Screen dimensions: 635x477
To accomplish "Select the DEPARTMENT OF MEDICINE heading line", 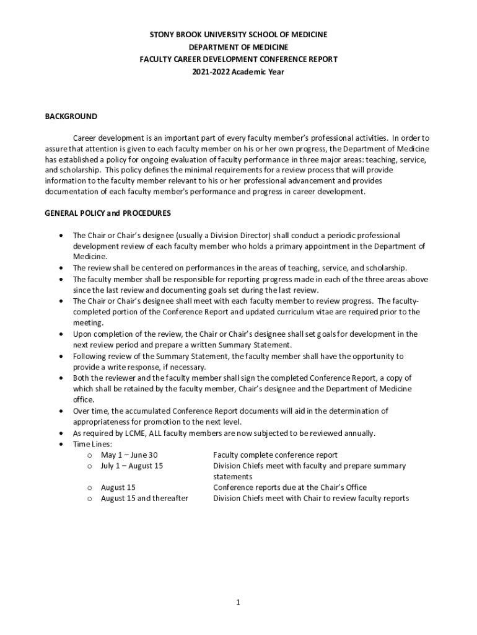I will click(239, 47).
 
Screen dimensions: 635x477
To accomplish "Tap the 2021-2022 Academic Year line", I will click(239, 72).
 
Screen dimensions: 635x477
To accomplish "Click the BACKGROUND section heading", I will click(71, 117).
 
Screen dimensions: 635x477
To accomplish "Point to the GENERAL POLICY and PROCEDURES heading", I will click(108, 213).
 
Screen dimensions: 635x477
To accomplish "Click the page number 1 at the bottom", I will click(238, 602).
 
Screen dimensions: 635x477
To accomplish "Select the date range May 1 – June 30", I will click(129, 455).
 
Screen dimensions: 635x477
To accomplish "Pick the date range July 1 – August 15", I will click(132, 466).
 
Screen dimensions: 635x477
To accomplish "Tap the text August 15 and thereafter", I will click(144, 499).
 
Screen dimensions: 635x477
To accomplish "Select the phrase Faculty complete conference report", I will click(275, 455).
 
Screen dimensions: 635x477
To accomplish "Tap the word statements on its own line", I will click(232, 477).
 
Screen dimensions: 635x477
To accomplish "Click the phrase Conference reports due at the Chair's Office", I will click(290, 487).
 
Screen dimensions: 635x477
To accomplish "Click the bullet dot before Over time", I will click(60, 411).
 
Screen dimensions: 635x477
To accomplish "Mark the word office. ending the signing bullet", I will click(83, 400).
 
